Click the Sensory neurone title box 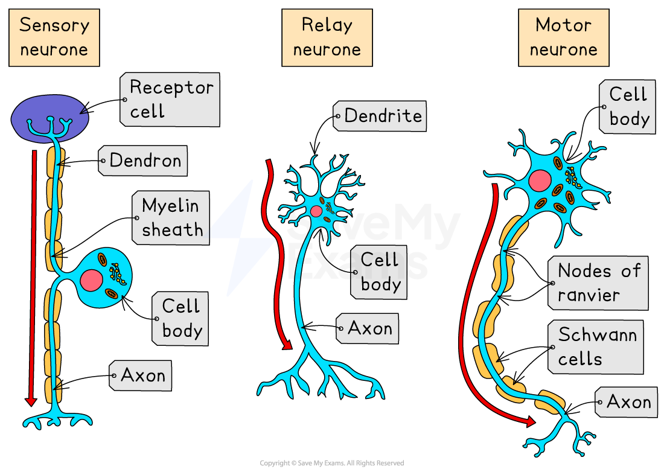click(x=54, y=37)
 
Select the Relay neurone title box click(x=327, y=37)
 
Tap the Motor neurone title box click(x=563, y=37)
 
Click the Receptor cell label click(x=170, y=100)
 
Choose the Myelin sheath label click(x=171, y=218)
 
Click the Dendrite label click(x=380, y=116)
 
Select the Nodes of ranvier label click(x=598, y=282)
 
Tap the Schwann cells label click(x=596, y=347)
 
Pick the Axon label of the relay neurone click(x=368, y=328)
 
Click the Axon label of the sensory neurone click(x=141, y=375)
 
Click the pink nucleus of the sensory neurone click(x=91, y=280)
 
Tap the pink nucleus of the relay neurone click(x=316, y=211)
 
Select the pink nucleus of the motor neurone click(x=539, y=180)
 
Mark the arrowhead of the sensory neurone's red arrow click(x=31, y=401)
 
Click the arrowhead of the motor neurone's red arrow click(x=531, y=422)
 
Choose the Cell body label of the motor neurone click(x=628, y=107)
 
